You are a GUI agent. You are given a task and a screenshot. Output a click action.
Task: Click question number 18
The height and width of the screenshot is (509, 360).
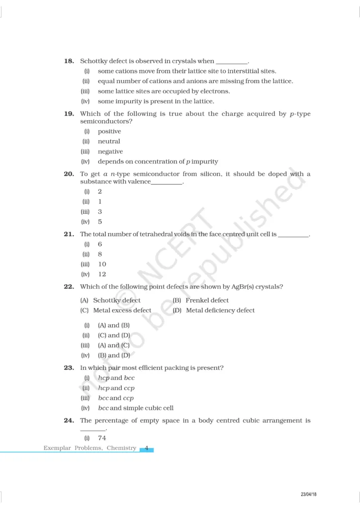69,61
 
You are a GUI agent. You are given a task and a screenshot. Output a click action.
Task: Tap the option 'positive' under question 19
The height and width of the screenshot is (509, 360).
109,131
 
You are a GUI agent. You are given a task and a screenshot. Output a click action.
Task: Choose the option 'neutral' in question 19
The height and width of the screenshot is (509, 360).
109,141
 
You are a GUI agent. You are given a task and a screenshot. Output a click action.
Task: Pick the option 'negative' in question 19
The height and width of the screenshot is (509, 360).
110,152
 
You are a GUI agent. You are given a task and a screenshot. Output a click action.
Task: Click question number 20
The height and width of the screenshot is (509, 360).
69,174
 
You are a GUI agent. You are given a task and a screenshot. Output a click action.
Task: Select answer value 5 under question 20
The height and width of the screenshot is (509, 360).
100,222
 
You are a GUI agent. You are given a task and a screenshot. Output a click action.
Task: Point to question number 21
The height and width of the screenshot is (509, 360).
69,234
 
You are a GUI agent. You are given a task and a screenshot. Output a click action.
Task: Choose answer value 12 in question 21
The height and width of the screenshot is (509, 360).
102,274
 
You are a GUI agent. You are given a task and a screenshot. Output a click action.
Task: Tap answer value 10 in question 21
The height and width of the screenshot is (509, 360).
102,264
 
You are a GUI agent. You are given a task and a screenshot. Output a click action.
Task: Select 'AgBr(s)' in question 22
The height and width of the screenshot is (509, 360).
238,287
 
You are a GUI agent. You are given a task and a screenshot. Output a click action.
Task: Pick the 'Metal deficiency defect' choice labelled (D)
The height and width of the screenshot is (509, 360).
220,310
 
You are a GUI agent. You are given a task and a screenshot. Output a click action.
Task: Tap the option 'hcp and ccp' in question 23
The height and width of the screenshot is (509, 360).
116,388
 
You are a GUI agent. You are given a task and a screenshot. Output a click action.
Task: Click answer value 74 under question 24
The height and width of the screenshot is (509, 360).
102,438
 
